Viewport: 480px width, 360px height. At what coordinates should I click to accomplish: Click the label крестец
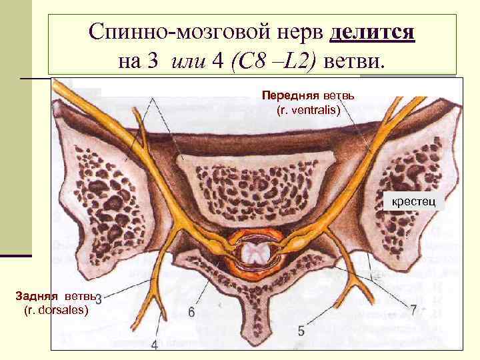pos(413,199)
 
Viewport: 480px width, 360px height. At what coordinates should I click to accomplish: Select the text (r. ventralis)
pos(308,109)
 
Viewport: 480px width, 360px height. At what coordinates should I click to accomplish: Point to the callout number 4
pos(155,345)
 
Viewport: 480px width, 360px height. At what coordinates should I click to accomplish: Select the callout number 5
pos(301,329)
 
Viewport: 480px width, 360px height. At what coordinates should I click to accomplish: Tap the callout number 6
pos(191,311)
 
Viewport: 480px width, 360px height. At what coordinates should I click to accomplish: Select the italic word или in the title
pos(189,61)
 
